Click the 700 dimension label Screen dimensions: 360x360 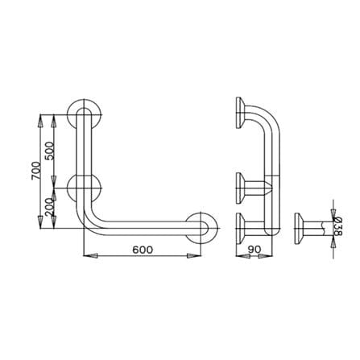[x=35, y=171]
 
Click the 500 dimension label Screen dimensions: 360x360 [x=50, y=151]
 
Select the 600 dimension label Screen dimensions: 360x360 [x=143, y=250]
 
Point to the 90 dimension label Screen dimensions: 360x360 [x=254, y=250]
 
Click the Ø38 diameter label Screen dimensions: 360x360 [x=338, y=226]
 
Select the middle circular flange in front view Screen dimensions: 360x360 [x=71, y=188]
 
